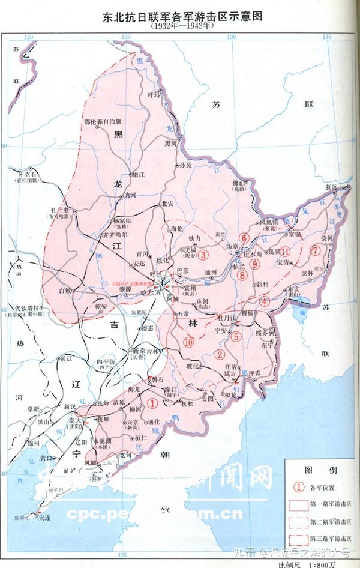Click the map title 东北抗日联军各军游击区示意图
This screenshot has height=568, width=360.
pos(180,16)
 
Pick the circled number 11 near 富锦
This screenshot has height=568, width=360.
pos(285,251)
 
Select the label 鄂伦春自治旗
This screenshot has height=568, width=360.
pos(104,122)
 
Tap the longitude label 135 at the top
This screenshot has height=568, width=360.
pos(327,37)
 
